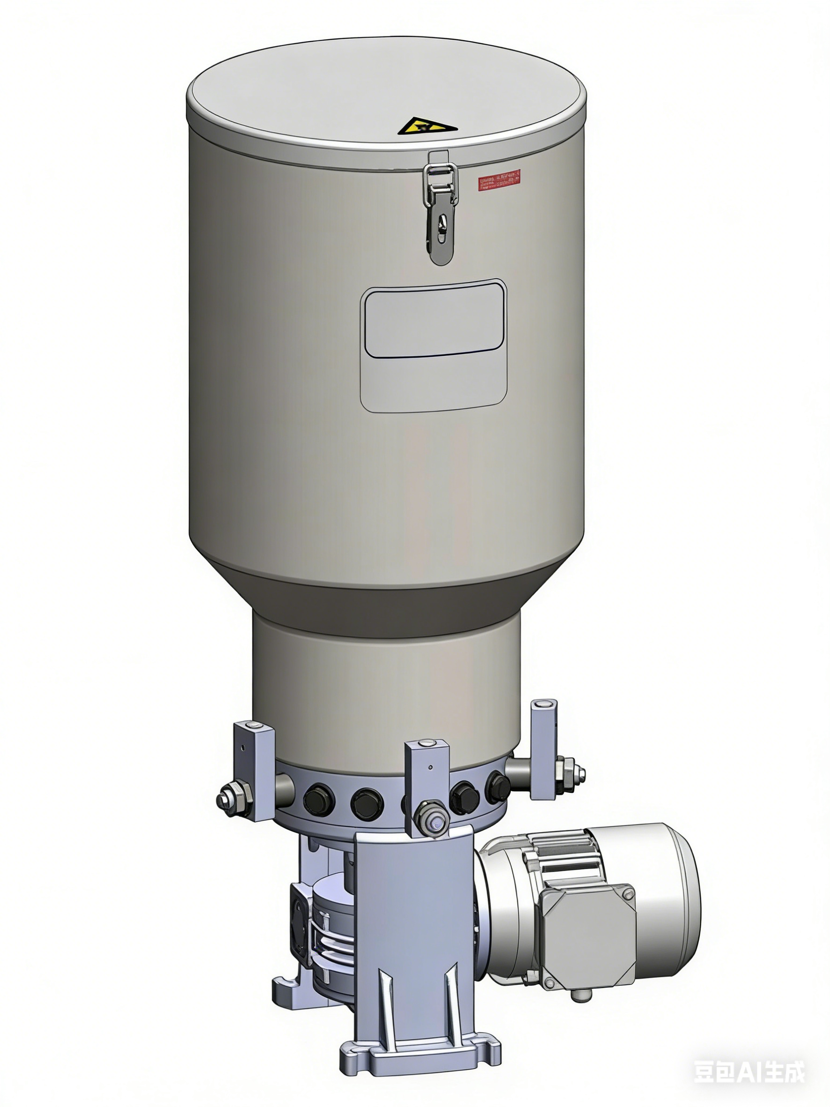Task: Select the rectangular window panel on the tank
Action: coord(433,345)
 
